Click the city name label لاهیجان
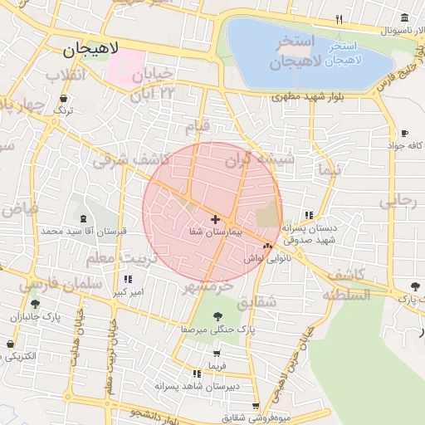point(90,51)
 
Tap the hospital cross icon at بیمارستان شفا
point(216,219)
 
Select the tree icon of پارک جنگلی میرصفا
point(217,315)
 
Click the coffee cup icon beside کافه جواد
point(404,133)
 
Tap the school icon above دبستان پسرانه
point(309,214)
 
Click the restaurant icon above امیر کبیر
point(127,280)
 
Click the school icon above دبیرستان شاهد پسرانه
point(197,374)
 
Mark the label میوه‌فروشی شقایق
point(249,416)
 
